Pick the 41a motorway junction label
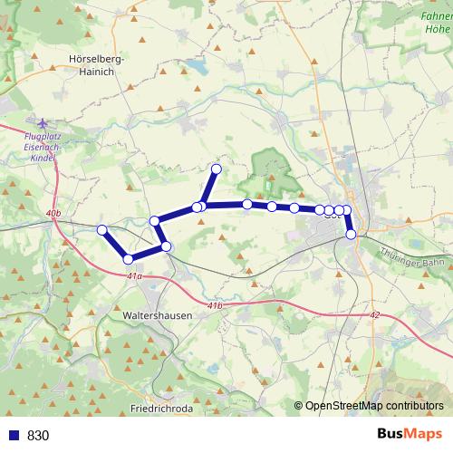point(135,275)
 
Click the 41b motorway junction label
point(214,307)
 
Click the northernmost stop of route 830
point(217,169)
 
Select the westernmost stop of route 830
point(102,230)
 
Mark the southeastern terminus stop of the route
point(352,235)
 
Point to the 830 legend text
point(37,436)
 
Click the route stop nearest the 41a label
point(129,260)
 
